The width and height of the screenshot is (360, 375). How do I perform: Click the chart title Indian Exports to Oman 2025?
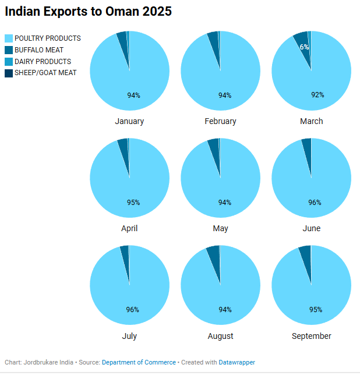[88, 12]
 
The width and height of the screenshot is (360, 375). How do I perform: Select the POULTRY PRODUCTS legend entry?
[47, 38]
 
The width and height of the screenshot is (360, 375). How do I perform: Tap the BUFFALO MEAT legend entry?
[39, 50]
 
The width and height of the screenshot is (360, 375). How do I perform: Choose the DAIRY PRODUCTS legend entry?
[43, 62]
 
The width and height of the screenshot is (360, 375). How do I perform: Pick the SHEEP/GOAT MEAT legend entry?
[45, 73]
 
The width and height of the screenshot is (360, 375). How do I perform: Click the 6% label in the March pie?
[304, 47]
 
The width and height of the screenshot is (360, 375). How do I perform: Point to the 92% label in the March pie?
[317, 95]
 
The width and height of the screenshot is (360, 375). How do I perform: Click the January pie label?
[129, 121]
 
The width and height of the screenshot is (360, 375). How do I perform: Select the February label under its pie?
[220, 121]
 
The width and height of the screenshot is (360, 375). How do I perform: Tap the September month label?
[311, 336]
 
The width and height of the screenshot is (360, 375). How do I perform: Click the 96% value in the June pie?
[315, 203]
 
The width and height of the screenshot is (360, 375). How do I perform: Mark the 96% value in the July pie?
[133, 310]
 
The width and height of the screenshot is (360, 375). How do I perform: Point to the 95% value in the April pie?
[133, 203]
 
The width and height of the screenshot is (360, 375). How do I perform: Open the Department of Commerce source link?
[139, 362]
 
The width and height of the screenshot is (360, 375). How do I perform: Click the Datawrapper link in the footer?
[237, 362]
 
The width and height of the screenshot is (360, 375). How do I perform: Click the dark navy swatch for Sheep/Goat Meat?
[8, 73]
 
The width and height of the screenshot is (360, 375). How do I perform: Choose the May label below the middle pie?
[220, 228]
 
